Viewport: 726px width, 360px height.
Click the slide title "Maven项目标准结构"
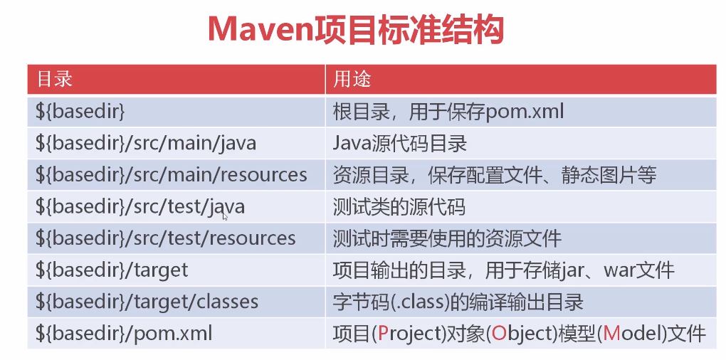(x=356, y=31)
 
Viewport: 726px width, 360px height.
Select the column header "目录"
(x=55, y=79)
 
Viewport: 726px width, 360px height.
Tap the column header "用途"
(x=352, y=79)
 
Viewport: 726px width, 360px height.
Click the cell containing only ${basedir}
(x=80, y=112)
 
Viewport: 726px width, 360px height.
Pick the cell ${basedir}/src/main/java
(x=146, y=144)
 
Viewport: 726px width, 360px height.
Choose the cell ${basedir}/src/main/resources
(x=172, y=175)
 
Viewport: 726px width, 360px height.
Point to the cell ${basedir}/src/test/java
(x=140, y=206)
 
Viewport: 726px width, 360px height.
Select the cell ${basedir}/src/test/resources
(x=165, y=238)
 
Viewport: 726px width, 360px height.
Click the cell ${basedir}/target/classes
(x=147, y=302)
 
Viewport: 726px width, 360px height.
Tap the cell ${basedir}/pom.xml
(x=124, y=333)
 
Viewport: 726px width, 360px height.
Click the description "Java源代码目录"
(x=400, y=144)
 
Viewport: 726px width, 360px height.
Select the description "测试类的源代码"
(x=399, y=207)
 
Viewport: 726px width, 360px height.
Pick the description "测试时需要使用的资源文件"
(x=447, y=238)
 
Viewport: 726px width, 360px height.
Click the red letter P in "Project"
(x=384, y=334)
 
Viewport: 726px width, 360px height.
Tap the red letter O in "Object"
(x=499, y=334)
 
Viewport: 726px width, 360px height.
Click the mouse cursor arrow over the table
(x=225, y=216)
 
